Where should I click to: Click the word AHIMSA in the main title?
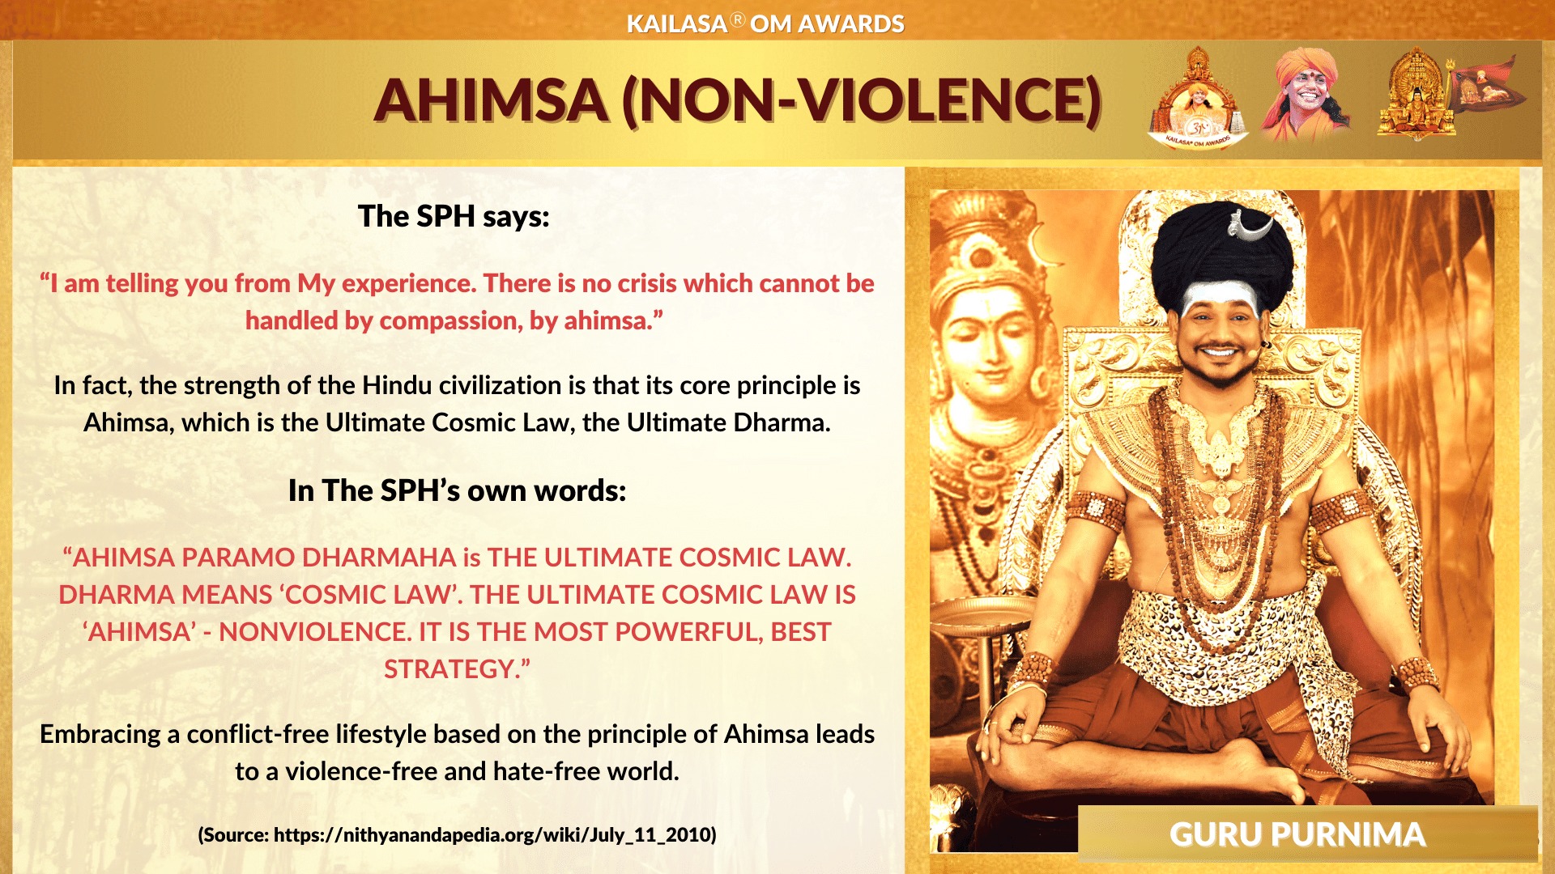(x=491, y=100)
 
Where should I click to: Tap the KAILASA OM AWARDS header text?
(x=765, y=23)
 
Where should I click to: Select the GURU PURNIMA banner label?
(x=1297, y=834)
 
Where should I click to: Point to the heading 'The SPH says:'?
(x=454, y=216)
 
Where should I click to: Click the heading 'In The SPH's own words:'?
(x=458, y=490)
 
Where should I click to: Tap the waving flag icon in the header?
(x=1489, y=86)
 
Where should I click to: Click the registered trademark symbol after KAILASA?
(x=737, y=19)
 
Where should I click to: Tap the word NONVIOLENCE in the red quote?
(x=315, y=632)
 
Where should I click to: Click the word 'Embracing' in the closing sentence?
(x=100, y=735)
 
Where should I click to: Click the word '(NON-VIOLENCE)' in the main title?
(x=862, y=100)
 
